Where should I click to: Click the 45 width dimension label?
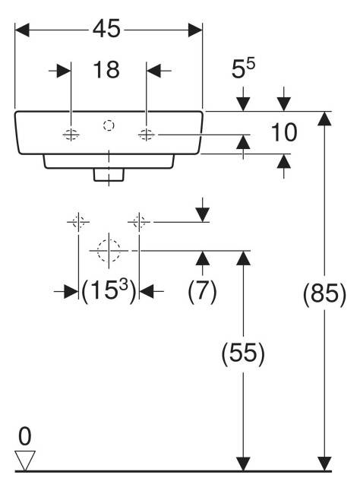tap(106, 28)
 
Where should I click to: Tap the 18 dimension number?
tap(106, 70)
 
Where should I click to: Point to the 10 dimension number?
tap(284, 132)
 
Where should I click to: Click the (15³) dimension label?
tap(109, 290)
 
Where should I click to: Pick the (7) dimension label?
tap(202, 290)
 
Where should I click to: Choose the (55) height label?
tap(243, 353)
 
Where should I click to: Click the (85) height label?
tap(324, 293)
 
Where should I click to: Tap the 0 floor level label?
tap(25, 436)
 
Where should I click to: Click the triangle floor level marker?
tap(25, 461)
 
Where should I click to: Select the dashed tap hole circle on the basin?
tap(109, 125)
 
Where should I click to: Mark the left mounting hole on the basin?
tap(71, 135)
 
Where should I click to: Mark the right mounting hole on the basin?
tap(146, 135)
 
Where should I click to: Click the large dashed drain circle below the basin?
tap(109, 251)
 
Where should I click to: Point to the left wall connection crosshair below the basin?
tap(78, 222)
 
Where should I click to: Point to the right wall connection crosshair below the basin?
tap(139, 222)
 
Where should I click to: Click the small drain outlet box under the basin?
tap(109, 175)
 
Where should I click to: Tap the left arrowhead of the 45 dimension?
tap(22, 30)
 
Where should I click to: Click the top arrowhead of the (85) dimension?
tap(324, 119)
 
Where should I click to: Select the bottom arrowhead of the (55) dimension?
tap(243, 464)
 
